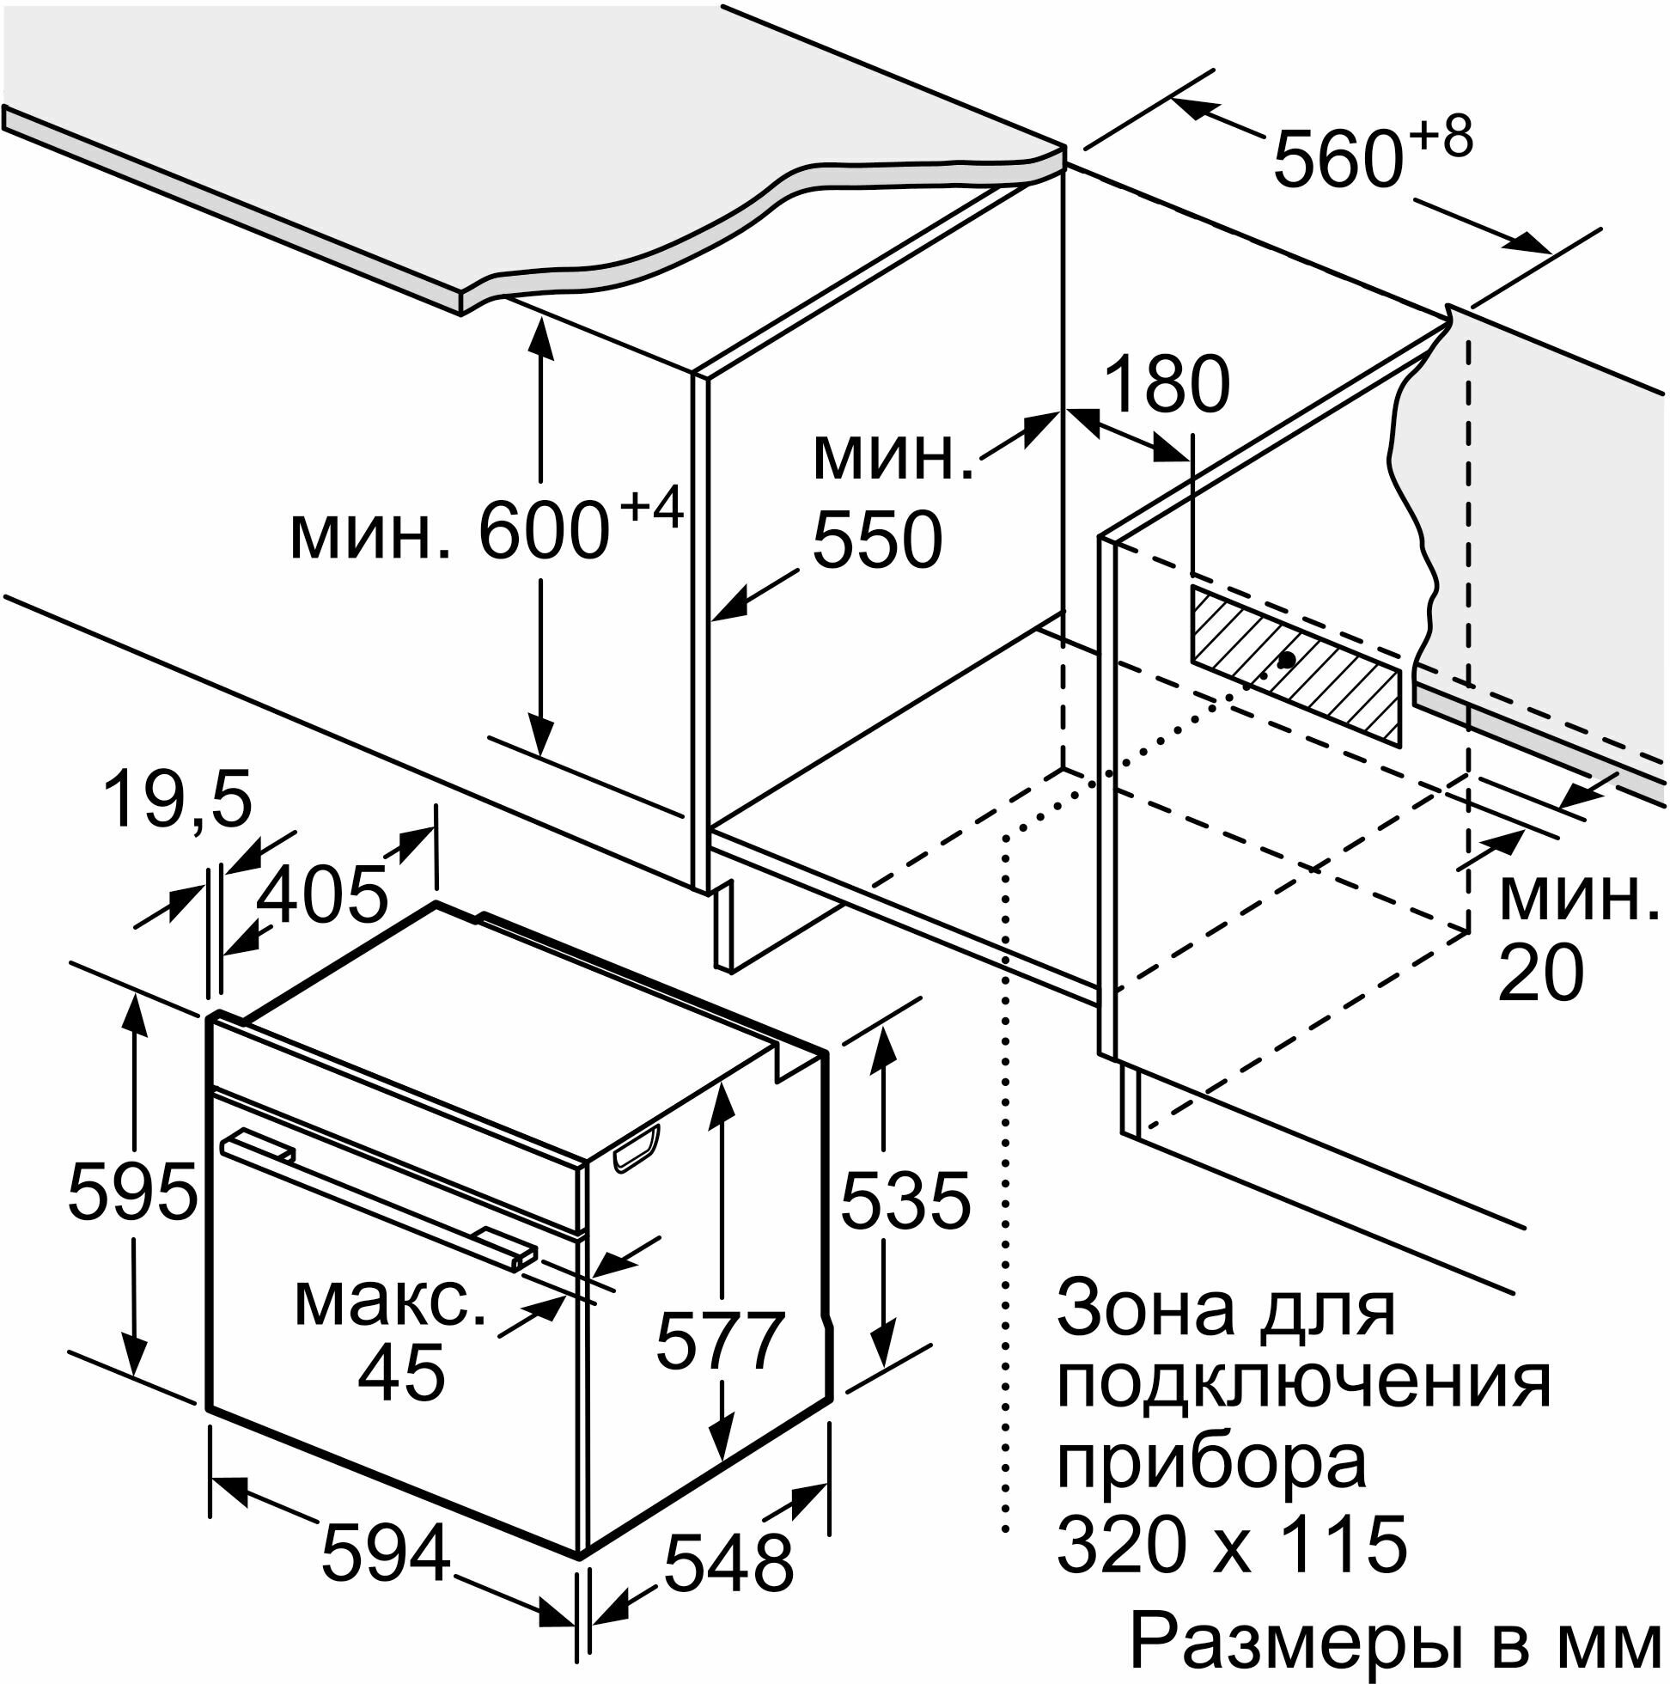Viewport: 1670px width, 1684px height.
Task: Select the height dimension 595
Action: (132, 1193)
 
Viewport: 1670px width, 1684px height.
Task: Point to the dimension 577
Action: (721, 1341)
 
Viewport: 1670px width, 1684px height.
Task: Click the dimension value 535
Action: (905, 1201)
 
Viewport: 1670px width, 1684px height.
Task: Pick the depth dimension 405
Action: (322, 895)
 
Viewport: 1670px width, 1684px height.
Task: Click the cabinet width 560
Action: (1337, 160)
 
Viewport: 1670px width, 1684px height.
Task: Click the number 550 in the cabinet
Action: (877, 540)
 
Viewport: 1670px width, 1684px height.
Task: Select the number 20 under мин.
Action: (1540, 973)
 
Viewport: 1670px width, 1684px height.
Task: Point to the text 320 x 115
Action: (1232, 1543)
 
